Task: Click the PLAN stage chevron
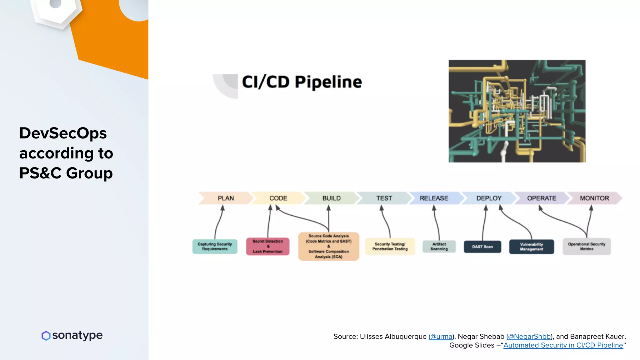tap(226, 198)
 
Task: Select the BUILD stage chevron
tap(331, 198)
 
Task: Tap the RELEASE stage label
tap(434, 198)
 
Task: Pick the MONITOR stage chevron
tap(594, 198)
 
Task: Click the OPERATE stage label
tap(542, 198)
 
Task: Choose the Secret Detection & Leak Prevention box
tap(267, 247)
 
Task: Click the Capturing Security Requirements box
tap(215, 247)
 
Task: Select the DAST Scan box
tap(482, 247)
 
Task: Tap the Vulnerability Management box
tap(531, 247)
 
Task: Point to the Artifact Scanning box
tap(439, 247)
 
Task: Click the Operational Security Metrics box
tap(587, 247)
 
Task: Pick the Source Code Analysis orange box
tap(328, 247)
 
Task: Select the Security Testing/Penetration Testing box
tap(390, 247)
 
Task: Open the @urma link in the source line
tap(441, 337)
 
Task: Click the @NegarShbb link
tap(528, 337)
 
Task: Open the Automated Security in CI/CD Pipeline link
tap(563, 345)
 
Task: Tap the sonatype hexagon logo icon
tap(46, 336)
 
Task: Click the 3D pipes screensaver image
tap(517, 111)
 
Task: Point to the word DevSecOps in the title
tap(63, 133)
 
